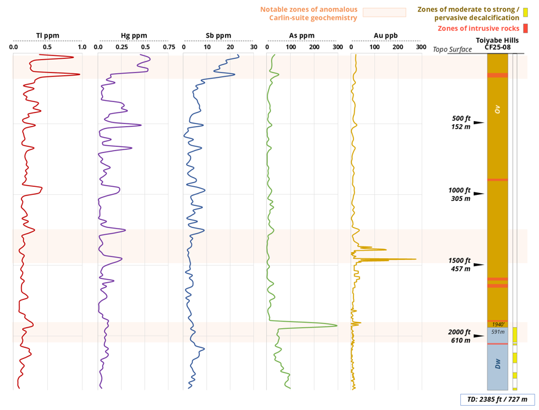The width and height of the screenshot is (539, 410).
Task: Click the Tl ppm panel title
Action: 47,36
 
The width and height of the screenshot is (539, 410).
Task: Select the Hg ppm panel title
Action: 134,36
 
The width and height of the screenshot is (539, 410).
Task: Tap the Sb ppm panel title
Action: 219,36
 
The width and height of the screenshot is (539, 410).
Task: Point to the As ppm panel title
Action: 302,36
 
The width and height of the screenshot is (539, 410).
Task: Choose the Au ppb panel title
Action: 385,36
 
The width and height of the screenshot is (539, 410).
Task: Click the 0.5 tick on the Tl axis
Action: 47,47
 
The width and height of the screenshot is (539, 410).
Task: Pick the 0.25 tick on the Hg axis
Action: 122,47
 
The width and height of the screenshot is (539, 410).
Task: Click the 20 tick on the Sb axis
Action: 230,47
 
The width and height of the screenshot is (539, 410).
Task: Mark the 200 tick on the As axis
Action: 314,47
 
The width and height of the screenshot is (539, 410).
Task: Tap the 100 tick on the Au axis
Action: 374,47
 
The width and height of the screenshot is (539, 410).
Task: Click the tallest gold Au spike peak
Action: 416,259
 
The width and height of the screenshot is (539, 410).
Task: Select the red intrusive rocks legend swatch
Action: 525,28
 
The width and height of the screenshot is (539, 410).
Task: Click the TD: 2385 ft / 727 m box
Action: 497,399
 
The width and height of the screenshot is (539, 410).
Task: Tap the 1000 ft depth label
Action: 460,191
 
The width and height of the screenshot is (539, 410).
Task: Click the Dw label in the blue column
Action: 498,364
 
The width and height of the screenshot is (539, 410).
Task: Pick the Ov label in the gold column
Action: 498,109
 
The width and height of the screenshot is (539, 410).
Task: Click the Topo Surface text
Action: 452,49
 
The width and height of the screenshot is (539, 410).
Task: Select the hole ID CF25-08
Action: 497,47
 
